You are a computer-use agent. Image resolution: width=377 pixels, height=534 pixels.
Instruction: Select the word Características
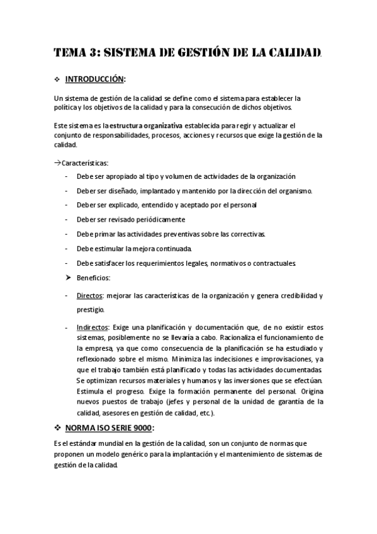click(x=85, y=162)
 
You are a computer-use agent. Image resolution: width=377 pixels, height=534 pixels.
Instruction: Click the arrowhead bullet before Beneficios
click(x=67, y=277)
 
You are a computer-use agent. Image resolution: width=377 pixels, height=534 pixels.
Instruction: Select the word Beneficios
click(x=93, y=277)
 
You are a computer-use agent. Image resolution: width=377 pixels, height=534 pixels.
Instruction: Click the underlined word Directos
click(x=90, y=295)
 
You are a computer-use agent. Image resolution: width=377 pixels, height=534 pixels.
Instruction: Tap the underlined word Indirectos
click(x=93, y=328)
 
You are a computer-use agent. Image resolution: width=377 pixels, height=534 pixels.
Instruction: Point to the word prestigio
click(x=90, y=309)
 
